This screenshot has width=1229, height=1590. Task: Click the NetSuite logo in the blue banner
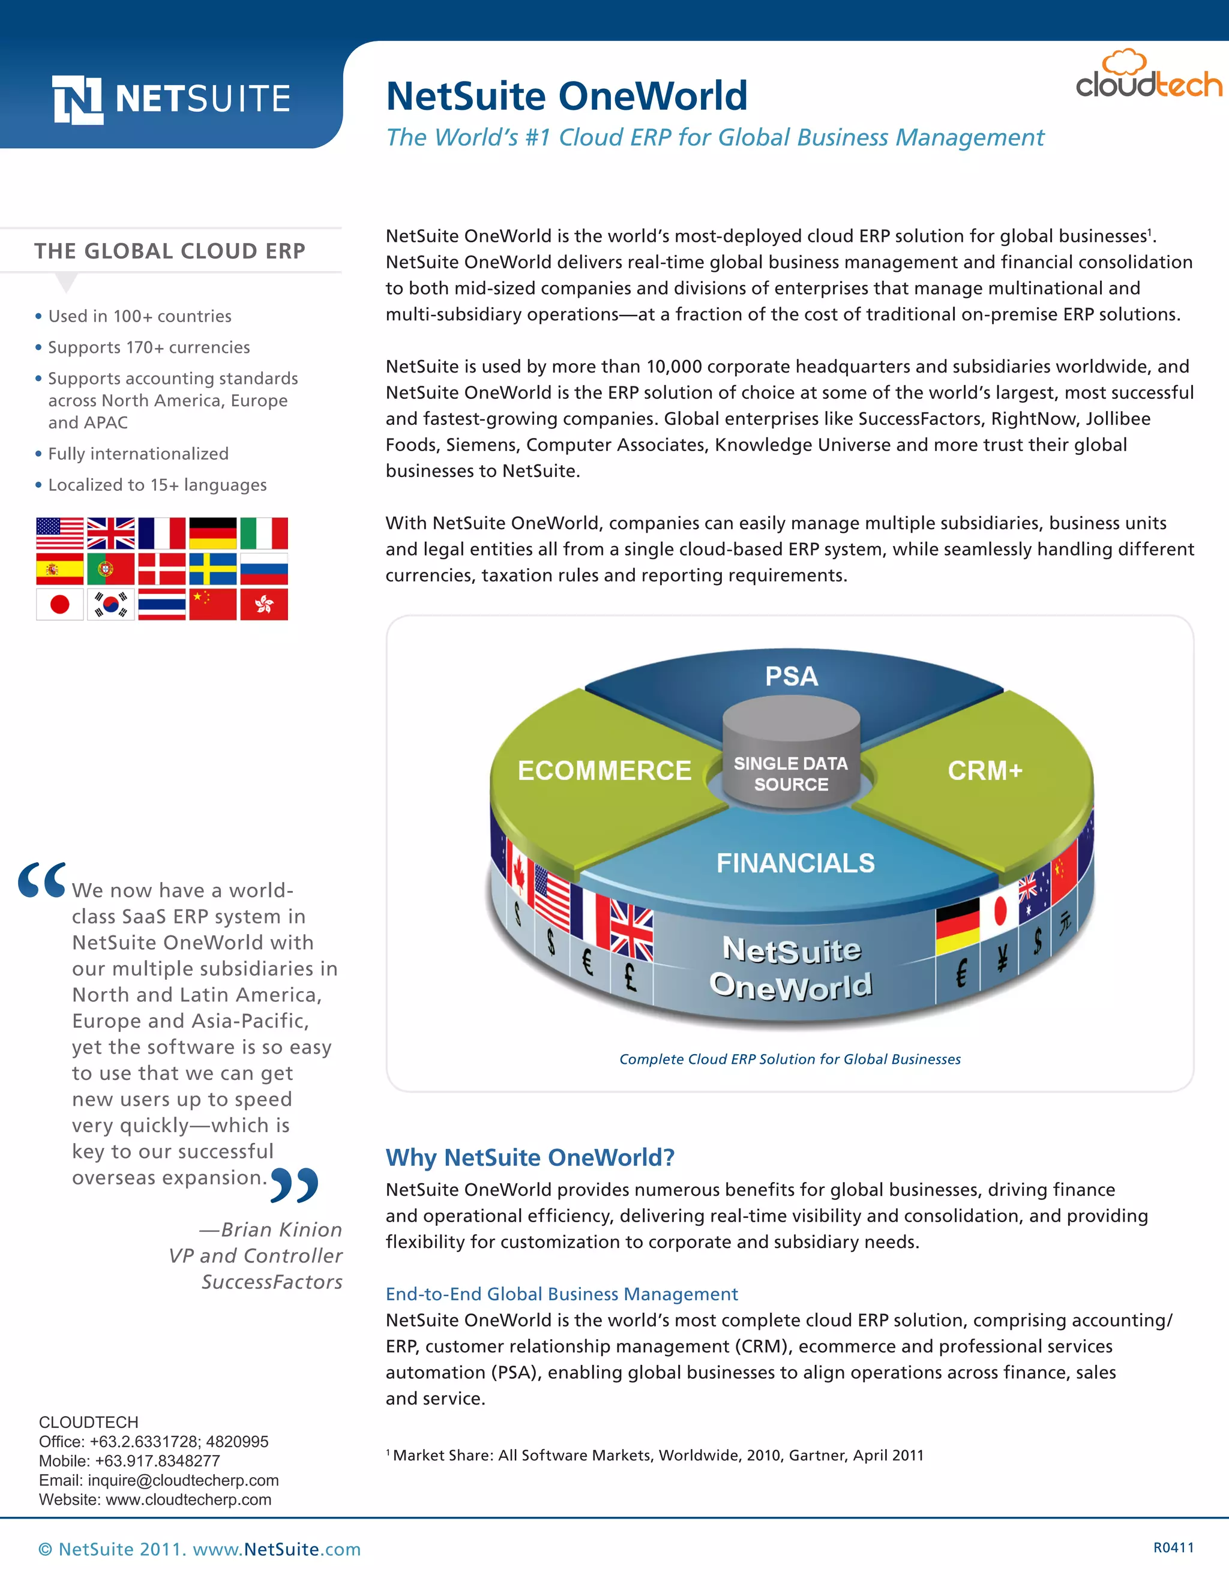[x=172, y=100]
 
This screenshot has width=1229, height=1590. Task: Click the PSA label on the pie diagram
[x=792, y=676]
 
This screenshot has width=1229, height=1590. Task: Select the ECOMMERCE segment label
[x=604, y=770]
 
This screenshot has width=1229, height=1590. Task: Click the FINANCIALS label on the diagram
[x=795, y=863]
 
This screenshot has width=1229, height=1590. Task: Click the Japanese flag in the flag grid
[x=59, y=604]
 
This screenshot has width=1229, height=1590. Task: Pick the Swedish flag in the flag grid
[x=212, y=569]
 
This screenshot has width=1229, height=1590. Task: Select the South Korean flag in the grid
[x=110, y=604]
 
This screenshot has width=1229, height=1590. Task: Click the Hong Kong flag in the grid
[x=263, y=604]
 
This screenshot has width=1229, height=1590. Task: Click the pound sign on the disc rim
[x=631, y=976]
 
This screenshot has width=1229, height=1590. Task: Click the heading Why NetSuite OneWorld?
[x=530, y=1157]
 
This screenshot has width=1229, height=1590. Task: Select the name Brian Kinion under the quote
[x=281, y=1229]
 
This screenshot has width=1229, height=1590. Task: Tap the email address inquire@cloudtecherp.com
[x=183, y=1480]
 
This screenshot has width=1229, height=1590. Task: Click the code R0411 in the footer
[x=1173, y=1548]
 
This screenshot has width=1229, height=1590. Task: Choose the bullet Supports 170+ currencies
[x=149, y=347]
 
